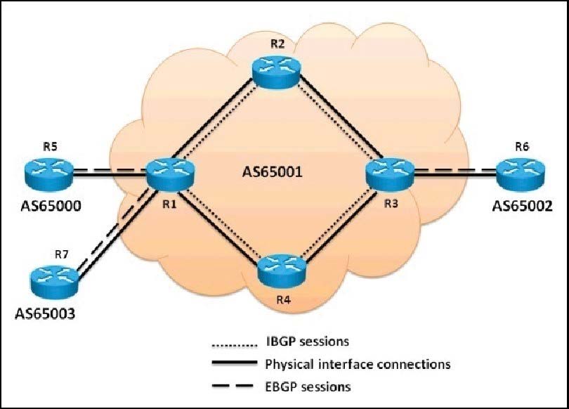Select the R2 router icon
275,72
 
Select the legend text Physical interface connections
358,365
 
